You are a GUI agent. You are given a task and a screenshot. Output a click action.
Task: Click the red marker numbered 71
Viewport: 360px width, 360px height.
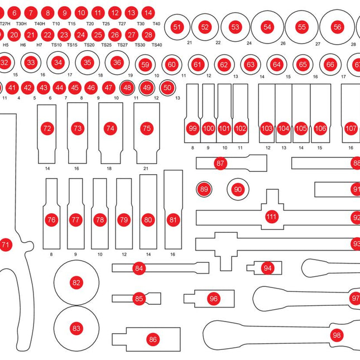click(x=6, y=244)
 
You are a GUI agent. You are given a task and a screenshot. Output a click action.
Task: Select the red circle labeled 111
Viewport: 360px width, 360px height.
click(x=271, y=217)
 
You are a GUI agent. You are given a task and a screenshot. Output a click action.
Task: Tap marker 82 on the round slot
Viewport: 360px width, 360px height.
click(x=76, y=282)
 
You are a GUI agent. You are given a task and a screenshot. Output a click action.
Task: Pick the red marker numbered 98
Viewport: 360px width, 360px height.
click(x=336, y=335)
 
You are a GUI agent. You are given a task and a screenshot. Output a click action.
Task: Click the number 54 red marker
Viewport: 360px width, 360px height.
click(x=267, y=27)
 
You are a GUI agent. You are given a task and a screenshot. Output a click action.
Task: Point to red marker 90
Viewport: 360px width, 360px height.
click(x=238, y=190)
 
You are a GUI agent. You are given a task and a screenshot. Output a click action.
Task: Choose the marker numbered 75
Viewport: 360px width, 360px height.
click(x=146, y=128)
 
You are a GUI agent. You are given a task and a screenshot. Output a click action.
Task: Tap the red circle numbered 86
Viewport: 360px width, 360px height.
click(x=152, y=339)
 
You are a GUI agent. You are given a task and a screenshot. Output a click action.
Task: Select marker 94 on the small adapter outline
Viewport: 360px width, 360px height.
click(x=268, y=268)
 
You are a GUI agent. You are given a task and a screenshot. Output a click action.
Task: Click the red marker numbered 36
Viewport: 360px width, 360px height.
click(x=117, y=63)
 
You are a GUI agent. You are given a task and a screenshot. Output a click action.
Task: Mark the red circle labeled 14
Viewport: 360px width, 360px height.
click(x=148, y=12)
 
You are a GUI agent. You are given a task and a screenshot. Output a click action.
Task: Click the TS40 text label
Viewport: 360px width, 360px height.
click(x=156, y=45)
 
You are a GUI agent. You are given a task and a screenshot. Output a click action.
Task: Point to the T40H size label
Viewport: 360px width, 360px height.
click(x=40, y=24)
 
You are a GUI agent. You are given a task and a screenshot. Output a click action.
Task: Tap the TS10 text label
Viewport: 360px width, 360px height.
click(x=56, y=45)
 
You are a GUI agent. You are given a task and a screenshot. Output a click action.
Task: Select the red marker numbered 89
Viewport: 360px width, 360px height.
click(x=204, y=190)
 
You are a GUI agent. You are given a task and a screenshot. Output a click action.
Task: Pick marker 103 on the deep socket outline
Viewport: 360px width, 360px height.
click(x=267, y=128)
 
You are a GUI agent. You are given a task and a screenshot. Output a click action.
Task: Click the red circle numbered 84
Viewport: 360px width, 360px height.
click(x=139, y=268)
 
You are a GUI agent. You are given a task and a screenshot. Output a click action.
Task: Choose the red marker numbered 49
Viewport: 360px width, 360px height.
click(x=147, y=88)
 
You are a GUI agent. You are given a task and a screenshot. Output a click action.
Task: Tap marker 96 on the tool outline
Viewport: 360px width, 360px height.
click(x=213, y=299)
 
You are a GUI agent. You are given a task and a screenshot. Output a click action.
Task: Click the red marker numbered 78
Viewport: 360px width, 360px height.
click(x=99, y=220)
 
